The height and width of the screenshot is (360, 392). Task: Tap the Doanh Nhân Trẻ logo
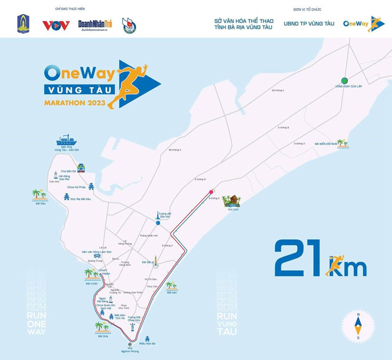pyautogui.click(x=95, y=25)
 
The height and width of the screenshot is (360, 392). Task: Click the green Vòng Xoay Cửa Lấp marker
pyautogui.click(x=344, y=80)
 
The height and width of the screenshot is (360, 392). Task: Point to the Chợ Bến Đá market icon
pyautogui.click(x=81, y=168)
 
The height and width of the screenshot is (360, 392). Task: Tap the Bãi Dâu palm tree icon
pyautogui.click(x=39, y=194)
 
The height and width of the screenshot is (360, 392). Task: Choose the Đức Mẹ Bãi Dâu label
pyautogui.click(x=81, y=199)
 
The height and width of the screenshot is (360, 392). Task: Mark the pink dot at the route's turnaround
pyautogui.click(x=211, y=191)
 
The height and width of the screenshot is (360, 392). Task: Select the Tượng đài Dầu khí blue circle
pyautogui.click(x=158, y=223)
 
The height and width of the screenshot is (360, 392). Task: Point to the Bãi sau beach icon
pyautogui.click(x=172, y=285)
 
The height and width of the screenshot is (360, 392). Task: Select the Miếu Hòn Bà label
pyautogui.click(x=147, y=344)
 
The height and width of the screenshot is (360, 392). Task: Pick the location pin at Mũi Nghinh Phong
pyautogui.click(x=130, y=345)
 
